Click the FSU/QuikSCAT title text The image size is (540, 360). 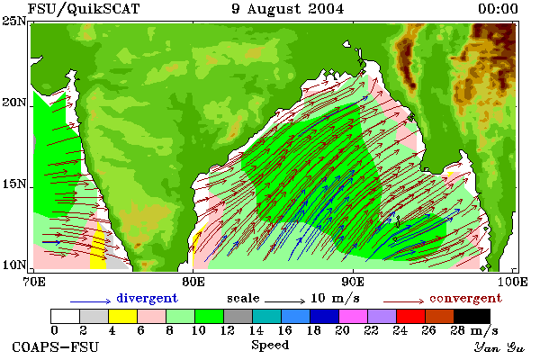pos(84,9)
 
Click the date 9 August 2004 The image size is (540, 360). pos(288,9)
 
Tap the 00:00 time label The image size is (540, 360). pos(498,9)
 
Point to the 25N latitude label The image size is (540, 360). pos(13,22)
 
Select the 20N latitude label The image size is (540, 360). pos(13,103)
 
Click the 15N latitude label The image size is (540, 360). pos(13,184)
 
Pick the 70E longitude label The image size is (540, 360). pos(34,282)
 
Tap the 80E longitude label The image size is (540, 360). pos(193,282)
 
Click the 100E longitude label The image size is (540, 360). pos(513,282)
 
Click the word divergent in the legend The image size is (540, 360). pos(147,298)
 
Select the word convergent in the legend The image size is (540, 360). pos(465,298)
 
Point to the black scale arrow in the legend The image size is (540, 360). pos(284,301)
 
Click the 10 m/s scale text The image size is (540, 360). pos(335,298)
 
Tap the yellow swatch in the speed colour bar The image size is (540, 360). pos(123,316)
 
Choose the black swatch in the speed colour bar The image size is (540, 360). pos(472,316)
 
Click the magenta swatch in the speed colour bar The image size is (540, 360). pos(353,316)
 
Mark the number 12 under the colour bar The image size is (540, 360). pos(228,330)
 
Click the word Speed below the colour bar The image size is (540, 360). pos(270,346)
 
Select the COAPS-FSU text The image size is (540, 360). pos(56,346)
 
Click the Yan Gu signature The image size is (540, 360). pos(499,347)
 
